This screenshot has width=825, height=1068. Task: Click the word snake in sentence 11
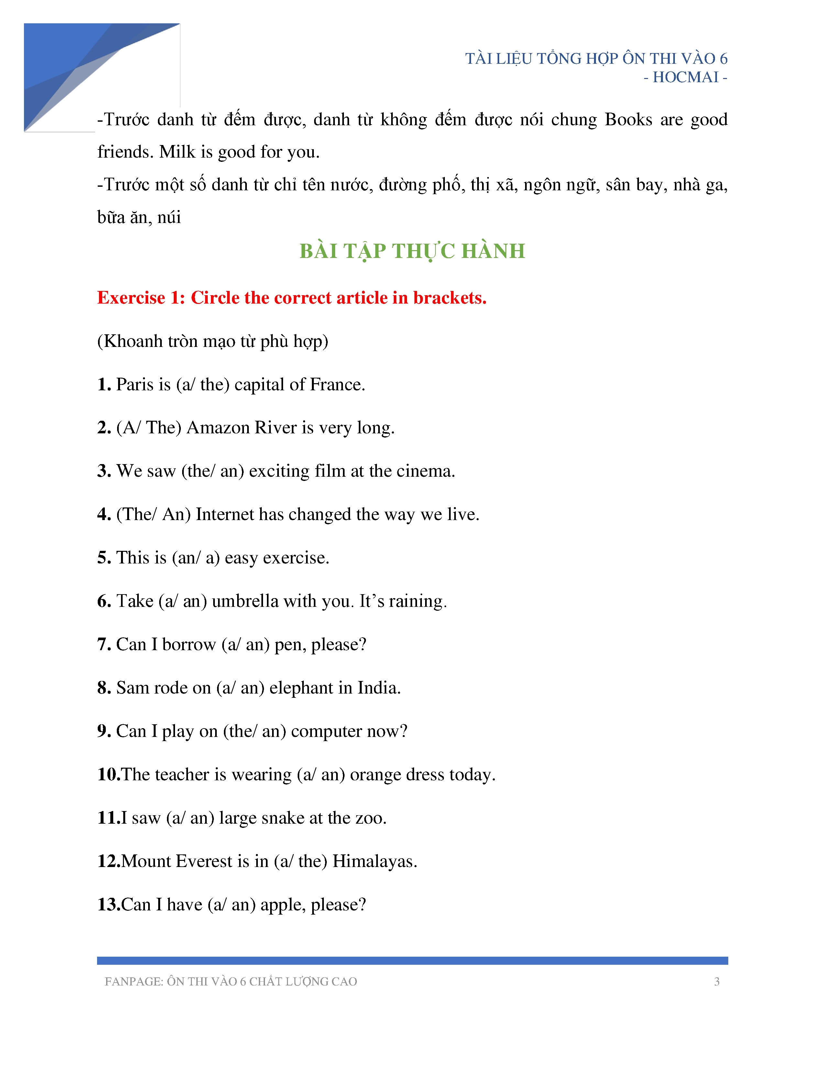tap(286, 818)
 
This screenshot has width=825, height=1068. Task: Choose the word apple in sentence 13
tap(283, 905)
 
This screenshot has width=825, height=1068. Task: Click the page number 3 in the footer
tap(717, 982)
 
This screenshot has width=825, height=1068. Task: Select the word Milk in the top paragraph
tap(177, 152)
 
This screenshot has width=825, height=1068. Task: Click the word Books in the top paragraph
tap(628, 120)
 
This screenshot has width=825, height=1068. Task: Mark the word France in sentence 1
tap(337, 385)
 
